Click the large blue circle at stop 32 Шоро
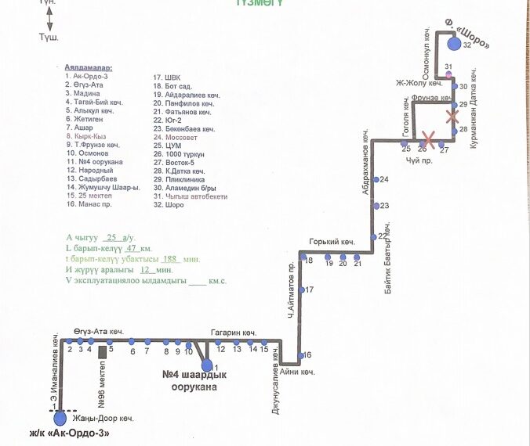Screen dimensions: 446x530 (x=454, y=44)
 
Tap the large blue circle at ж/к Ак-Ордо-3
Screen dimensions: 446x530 (x=60, y=420)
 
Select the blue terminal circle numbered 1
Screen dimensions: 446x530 (x=207, y=365)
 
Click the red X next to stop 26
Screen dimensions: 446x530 (x=427, y=140)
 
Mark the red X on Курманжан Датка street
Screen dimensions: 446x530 (x=452, y=117)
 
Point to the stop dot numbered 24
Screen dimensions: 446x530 (x=375, y=180)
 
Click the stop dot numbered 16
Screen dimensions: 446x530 (x=300, y=355)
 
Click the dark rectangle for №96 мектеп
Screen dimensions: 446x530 (x=102, y=352)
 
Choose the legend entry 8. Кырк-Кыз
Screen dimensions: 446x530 (x=85, y=136)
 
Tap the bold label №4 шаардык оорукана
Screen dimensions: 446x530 (x=189, y=380)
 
